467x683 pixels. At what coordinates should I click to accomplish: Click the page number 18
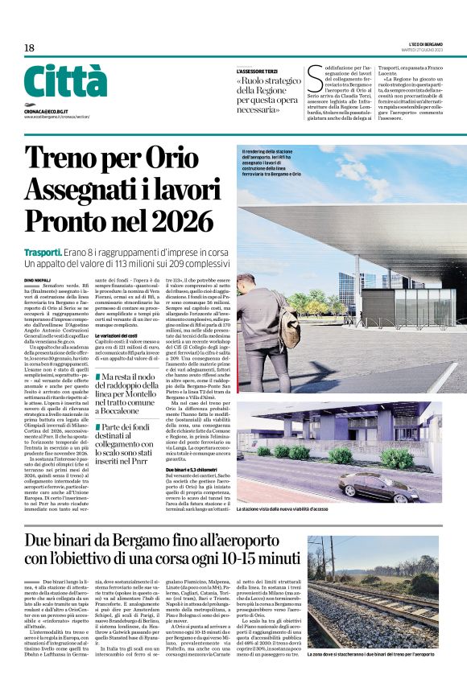pyautogui.click(x=29, y=48)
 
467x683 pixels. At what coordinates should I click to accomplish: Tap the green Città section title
pyautogui.click(x=65, y=82)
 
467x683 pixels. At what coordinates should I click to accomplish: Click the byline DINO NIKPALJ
pyautogui.click(x=38, y=279)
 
